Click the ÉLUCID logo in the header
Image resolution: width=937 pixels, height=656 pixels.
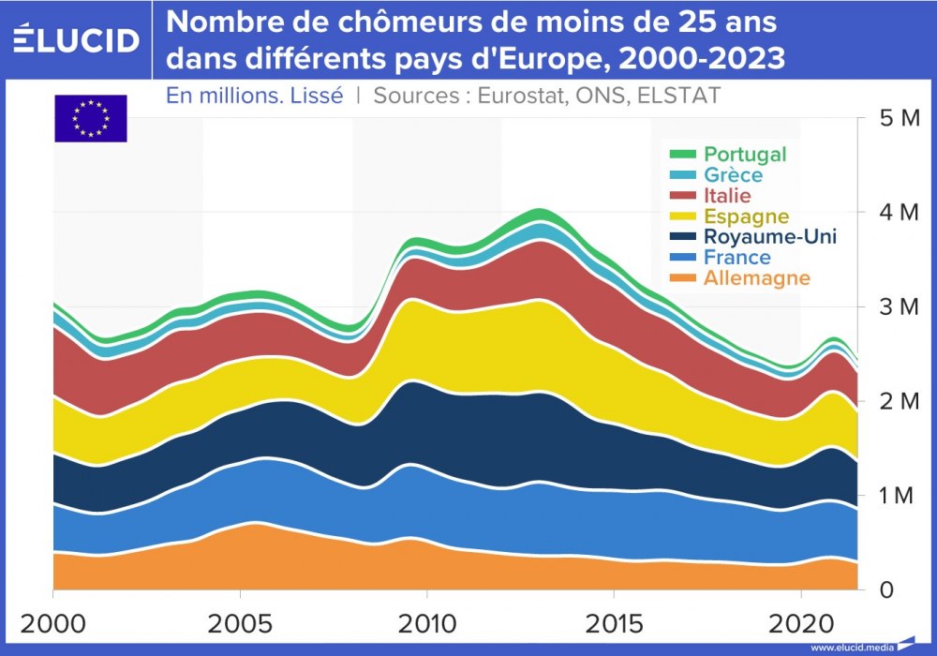point(78,38)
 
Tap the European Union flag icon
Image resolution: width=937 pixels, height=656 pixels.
point(90,118)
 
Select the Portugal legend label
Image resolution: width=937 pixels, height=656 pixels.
point(745,155)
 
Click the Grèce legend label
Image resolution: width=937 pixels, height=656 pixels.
point(734,175)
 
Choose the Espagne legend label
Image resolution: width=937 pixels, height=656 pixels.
point(746,216)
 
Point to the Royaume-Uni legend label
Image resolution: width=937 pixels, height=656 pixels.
point(770,237)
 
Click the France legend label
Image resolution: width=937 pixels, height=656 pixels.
point(737,258)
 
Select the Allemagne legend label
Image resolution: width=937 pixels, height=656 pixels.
point(757,278)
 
